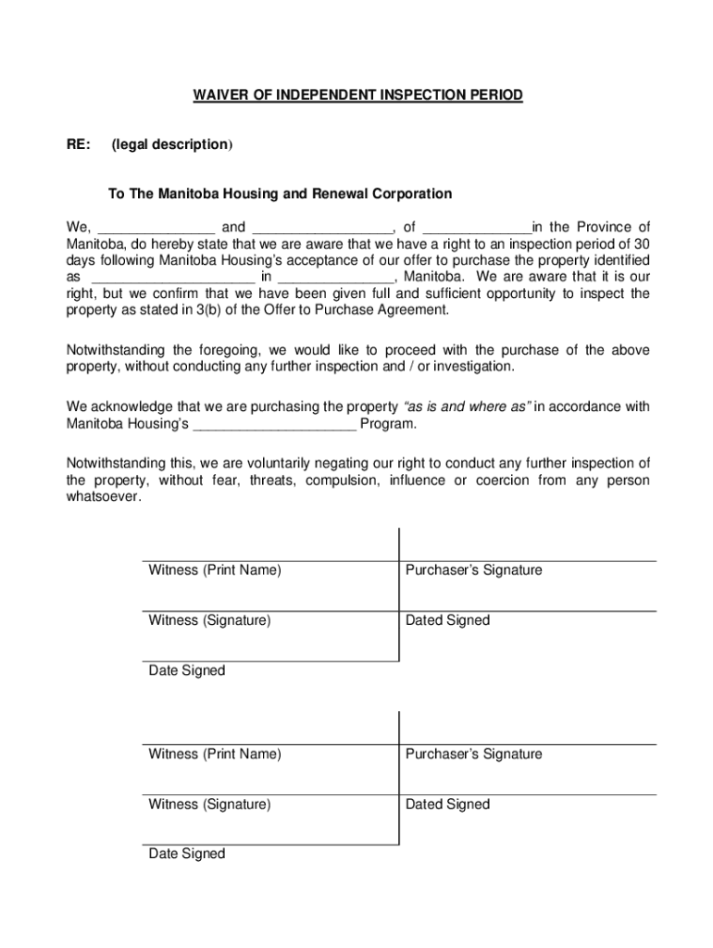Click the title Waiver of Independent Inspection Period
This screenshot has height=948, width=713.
[x=357, y=95]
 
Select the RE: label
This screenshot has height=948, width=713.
[x=79, y=144]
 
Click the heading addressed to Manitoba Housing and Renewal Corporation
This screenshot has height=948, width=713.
[x=280, y=193]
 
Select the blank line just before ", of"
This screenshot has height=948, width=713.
[x=322, y=229]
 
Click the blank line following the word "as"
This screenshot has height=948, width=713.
[x=173, y=278]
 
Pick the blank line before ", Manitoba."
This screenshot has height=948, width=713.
[x=335, y=278]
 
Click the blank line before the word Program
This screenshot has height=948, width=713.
[x=275, y=425]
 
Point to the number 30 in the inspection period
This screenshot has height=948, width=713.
[x=641, y=243]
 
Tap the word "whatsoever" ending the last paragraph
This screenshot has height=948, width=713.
[x=104, y=497]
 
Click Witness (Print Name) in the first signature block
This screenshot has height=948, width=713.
[x=215, y=570]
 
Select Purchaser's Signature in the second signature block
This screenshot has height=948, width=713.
[x=473, y=755]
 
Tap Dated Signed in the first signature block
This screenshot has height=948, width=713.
[x=447, y=620]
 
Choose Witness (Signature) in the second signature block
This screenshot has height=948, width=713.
[x=209, y=805]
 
